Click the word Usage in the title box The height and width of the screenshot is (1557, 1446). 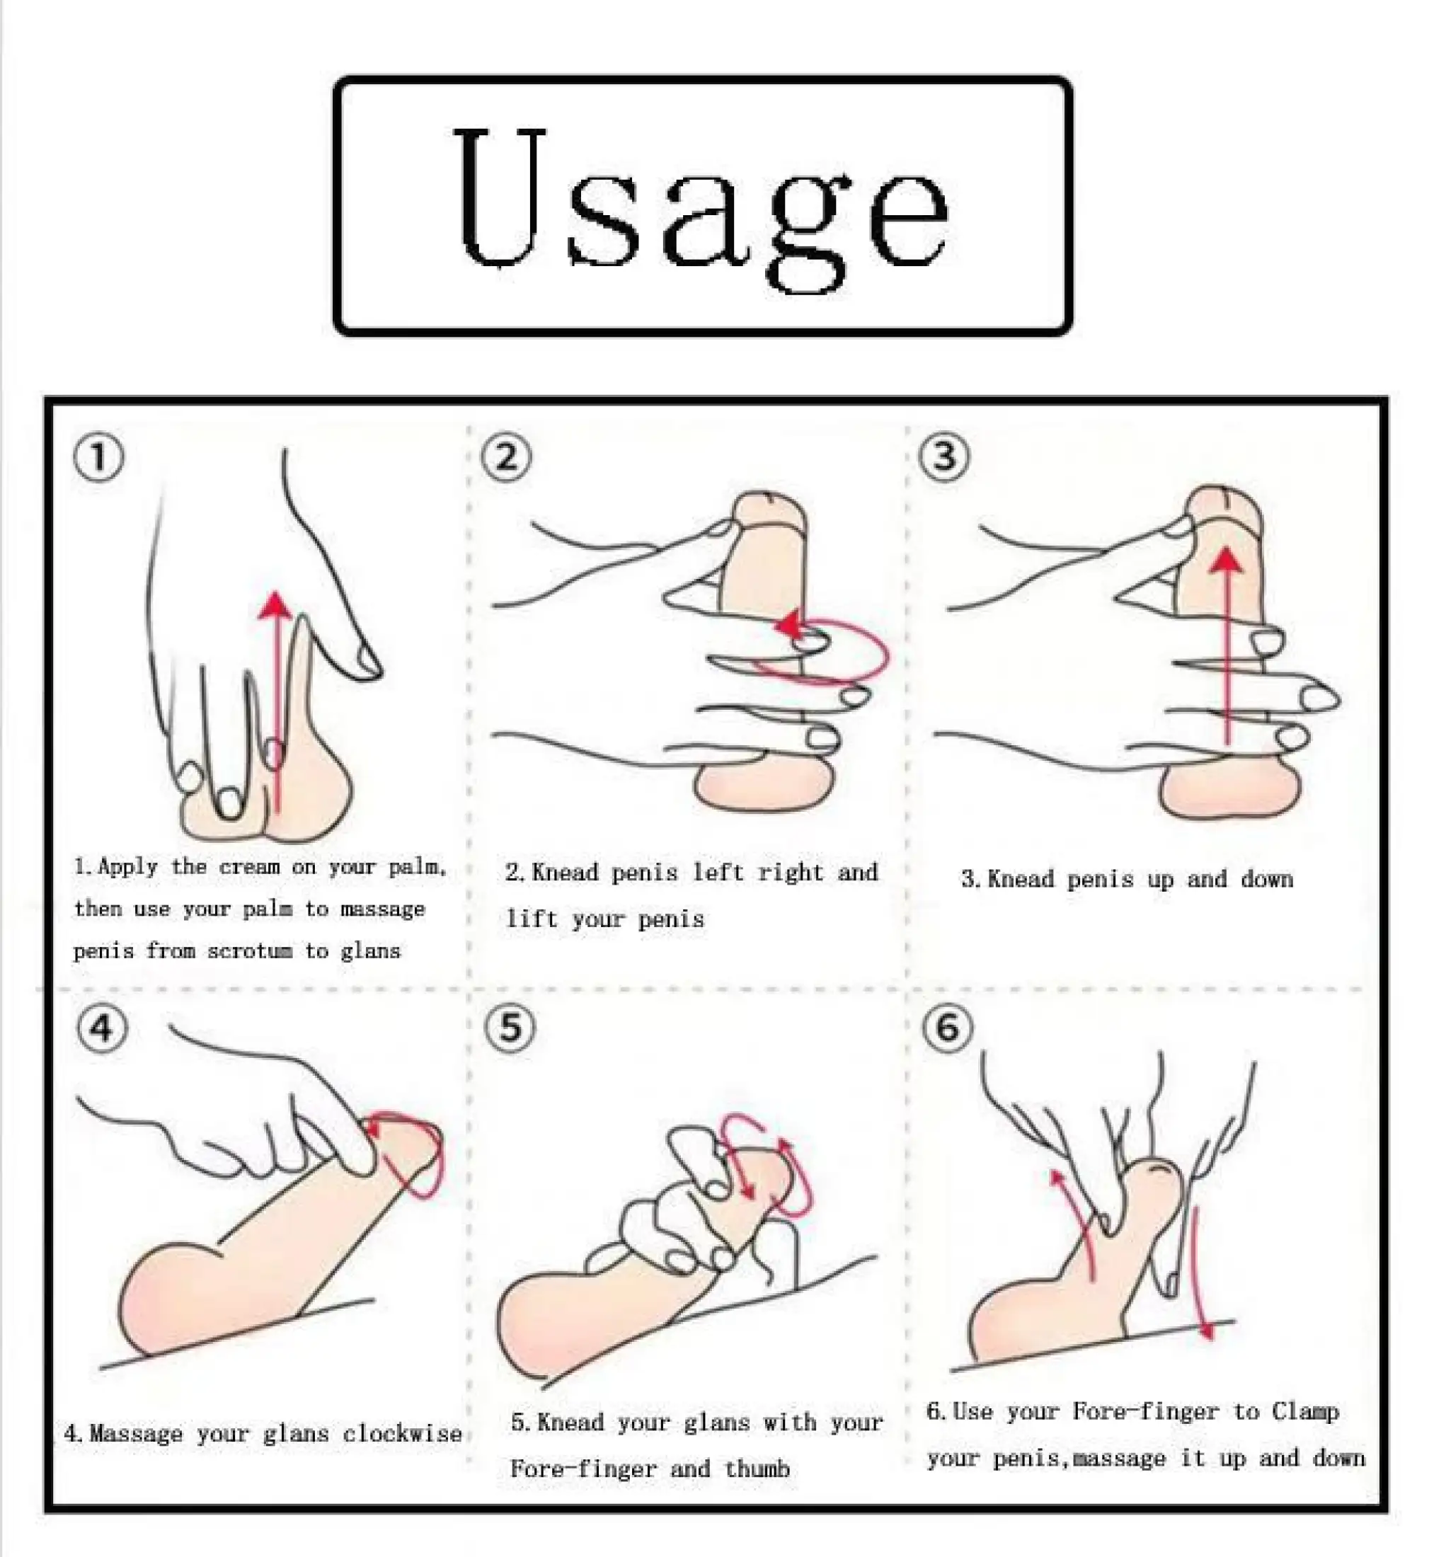click(702, 205)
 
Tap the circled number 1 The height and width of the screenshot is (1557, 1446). click(98, 458)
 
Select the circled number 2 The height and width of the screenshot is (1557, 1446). click(506, 457)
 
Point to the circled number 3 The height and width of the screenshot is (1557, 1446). click(944, 456)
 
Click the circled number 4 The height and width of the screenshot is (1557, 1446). click(103, 1029)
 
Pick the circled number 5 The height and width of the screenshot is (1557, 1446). click(510, 1028)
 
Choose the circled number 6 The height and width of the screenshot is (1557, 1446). click(948, 1028)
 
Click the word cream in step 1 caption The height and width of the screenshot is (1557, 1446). click(249, 868)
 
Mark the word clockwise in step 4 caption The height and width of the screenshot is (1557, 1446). click(402, 1434)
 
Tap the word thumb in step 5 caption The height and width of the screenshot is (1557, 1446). click(757, 1469)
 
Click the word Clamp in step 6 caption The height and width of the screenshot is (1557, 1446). click(1305, 1412)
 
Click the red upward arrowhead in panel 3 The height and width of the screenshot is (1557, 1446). click(1229, 558)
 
